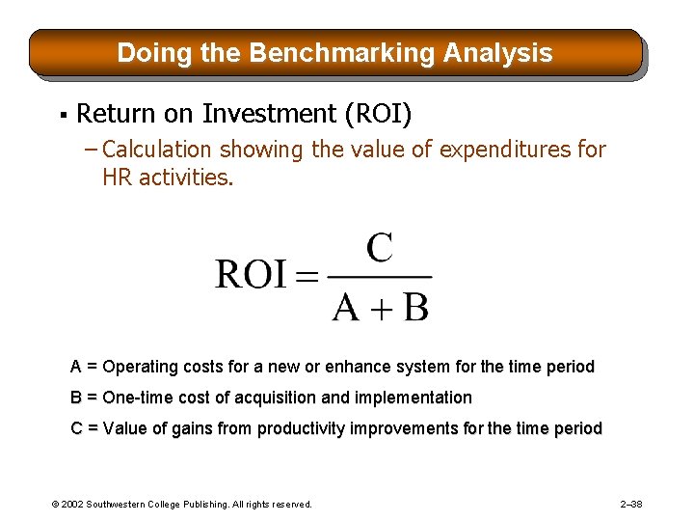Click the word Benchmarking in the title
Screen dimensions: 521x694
click(342, 52)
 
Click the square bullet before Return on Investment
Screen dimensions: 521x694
click(61, 116)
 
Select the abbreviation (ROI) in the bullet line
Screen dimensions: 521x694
click(378, 114)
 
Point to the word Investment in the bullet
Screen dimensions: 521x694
click(270, 114)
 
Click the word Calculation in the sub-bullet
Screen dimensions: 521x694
click(156, 150)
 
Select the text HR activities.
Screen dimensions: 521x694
click(168, 178)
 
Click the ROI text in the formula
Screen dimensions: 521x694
click(251, 276)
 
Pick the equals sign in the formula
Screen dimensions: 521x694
click(306, 278)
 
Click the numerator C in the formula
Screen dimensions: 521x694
click(379, 248)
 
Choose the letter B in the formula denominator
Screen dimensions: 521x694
click(414, 307)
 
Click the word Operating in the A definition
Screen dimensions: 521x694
click(139, 367)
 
